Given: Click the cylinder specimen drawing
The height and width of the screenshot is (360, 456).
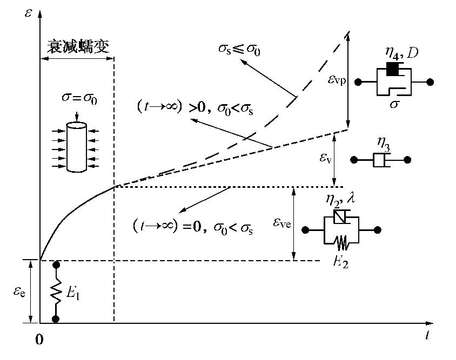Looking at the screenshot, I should pos(76,147).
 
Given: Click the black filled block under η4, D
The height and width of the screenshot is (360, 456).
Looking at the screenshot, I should pos(392,70).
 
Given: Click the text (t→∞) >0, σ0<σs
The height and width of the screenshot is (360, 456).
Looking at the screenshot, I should pos(196,107).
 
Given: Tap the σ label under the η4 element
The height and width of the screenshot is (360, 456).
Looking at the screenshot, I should pos(394,104).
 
